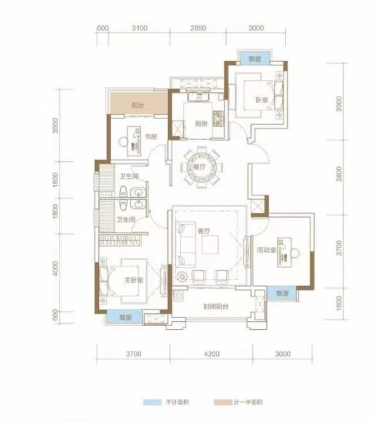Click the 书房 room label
(151, 137)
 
